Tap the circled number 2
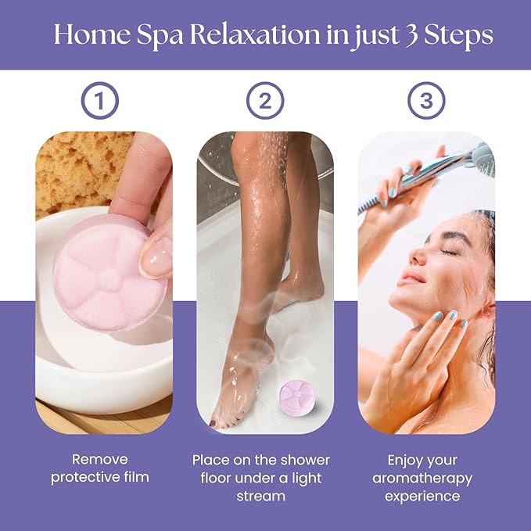[265, 101]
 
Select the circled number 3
[426, 101]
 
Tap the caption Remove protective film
[100, 468]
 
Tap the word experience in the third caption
[426, 496]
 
